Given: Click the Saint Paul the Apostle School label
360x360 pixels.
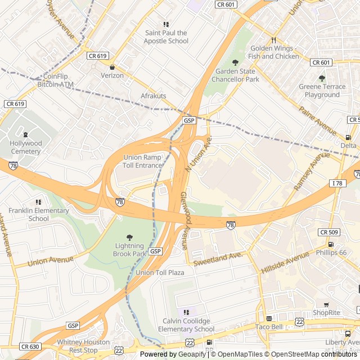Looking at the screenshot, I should [x=166, y=37].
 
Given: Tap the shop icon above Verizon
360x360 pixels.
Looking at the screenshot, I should [x=112, y=67].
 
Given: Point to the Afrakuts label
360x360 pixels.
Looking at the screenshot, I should [x=153, y=96].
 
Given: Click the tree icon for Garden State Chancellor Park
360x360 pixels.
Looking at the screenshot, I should [x=235, y=62].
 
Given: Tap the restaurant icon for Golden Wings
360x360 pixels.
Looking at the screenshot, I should [x=273, y=40].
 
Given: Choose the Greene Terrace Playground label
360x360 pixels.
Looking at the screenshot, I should [x=322, y=91].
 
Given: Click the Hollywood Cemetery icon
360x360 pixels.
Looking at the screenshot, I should [x=25, y=134].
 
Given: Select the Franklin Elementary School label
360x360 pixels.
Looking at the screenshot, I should [x=38, y=214].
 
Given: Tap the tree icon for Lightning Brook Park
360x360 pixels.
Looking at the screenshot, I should [x=130, y=237].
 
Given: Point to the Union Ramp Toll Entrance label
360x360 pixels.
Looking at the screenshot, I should [x=143, y=161].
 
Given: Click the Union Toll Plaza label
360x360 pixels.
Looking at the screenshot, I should [x=160, y=272].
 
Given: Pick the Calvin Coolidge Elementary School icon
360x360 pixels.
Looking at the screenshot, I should [x=186, y=312].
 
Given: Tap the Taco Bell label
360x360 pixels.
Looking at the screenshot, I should [x=269, y=326].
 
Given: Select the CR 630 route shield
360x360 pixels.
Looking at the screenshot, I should [x=30, y=346].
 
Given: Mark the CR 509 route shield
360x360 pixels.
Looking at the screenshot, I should [x=329, y=232].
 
